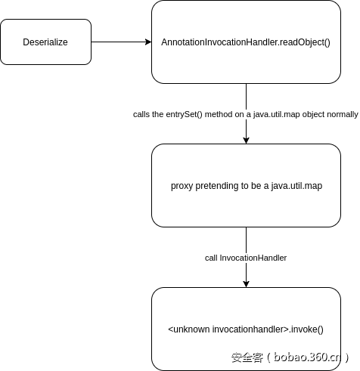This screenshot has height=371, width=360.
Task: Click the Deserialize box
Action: [x=46, y=42]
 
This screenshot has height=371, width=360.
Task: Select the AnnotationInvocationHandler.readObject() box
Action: [x=246, y=42]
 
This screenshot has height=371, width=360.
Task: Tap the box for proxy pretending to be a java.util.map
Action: [x=246, y=186]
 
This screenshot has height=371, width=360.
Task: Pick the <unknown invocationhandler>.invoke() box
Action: [x=246, y=329]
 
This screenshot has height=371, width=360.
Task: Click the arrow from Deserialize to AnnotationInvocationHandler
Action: [x=121, y=42]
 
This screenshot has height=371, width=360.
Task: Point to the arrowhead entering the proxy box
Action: [x=246, y=140]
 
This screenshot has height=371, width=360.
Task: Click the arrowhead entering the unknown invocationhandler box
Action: [x=246, y=283]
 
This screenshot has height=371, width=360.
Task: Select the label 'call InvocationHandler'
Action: [x=246, y=258]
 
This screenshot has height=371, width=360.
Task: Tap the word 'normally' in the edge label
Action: [x=342, y=114]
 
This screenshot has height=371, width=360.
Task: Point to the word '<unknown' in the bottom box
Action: [x=188, y=329]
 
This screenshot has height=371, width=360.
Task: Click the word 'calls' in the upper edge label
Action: [x=142, y=114]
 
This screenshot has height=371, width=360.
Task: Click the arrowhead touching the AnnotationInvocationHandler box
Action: [x=147, y=42]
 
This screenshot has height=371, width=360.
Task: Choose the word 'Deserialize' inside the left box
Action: [x=46, y=42]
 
